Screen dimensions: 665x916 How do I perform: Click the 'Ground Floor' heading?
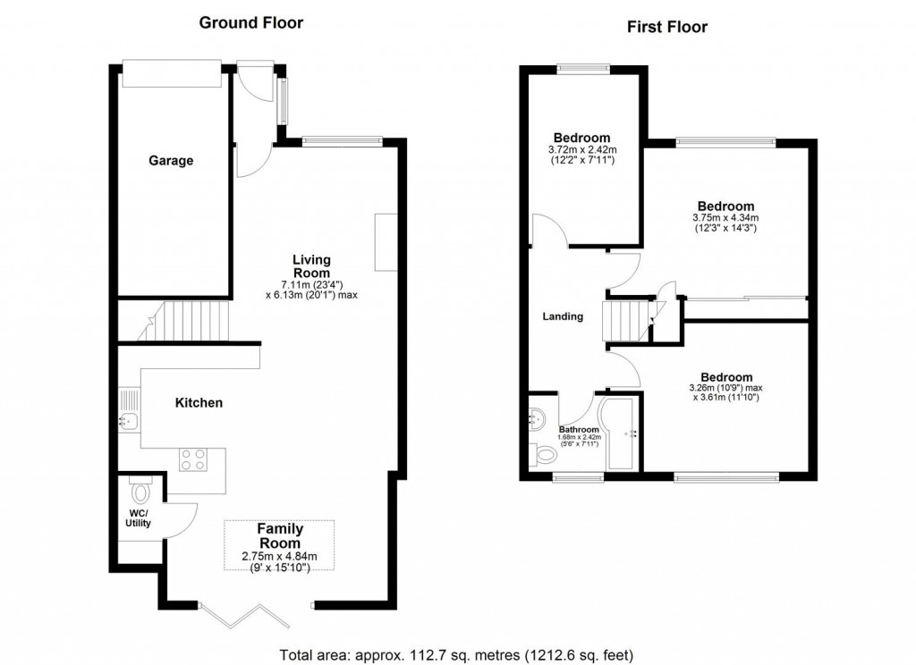[250, 23]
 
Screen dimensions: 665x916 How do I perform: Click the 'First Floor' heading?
[666, 27]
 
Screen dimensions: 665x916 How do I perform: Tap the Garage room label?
[171, 161]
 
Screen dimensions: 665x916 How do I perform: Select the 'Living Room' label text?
[311, 266]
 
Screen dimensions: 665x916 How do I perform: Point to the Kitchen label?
[199, 403]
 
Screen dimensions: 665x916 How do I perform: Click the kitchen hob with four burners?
[194, 459]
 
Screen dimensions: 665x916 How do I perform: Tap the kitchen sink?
[127, 422]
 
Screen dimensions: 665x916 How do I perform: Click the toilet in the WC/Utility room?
[140, 491]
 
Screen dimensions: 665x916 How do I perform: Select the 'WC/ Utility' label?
[138, 518]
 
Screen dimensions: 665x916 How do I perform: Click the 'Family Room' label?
[279, 535]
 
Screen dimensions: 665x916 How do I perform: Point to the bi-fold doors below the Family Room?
[239, 615]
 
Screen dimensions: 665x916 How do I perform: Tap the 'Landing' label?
[564, 316]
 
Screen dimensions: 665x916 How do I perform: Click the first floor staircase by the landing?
[627, 320]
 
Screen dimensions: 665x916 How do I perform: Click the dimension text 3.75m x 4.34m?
[725, 217]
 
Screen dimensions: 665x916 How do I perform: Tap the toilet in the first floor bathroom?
[542, 455]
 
